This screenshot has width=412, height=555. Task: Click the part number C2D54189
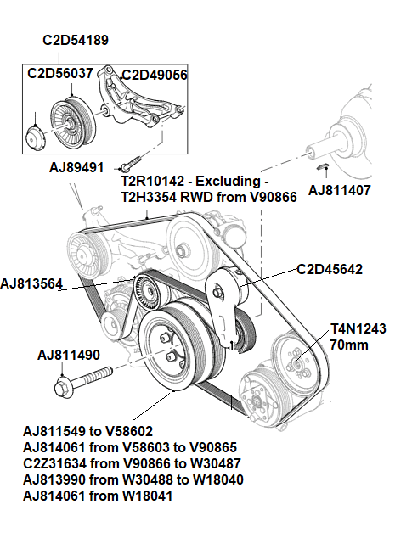[76, 40]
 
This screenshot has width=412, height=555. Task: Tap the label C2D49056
[154, 75]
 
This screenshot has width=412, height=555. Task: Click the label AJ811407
[339, 189]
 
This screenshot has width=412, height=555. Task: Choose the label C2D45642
[330, 270]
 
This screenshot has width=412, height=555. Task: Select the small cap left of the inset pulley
[36, 135]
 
